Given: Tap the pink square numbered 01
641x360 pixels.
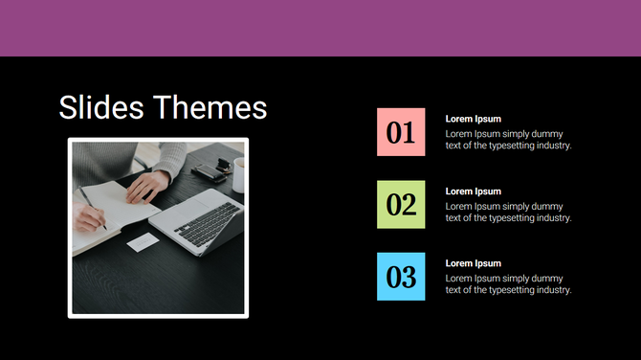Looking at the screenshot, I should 401,132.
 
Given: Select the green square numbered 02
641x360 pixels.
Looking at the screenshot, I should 401,204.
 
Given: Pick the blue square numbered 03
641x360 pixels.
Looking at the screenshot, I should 401,277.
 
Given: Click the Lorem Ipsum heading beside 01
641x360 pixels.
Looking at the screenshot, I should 473,119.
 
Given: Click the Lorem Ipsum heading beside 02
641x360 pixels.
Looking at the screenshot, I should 473,191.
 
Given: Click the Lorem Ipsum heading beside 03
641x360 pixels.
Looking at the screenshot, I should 473,263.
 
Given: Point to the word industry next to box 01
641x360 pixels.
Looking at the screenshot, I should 550,146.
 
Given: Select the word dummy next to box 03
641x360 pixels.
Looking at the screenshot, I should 546,278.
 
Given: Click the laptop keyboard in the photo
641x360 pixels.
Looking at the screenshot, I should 206,223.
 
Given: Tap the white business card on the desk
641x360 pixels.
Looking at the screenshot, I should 143,243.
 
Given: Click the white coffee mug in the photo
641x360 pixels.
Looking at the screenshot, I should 238,174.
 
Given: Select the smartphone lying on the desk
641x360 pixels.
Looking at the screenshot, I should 208,172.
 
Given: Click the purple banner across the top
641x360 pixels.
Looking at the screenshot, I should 320,28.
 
